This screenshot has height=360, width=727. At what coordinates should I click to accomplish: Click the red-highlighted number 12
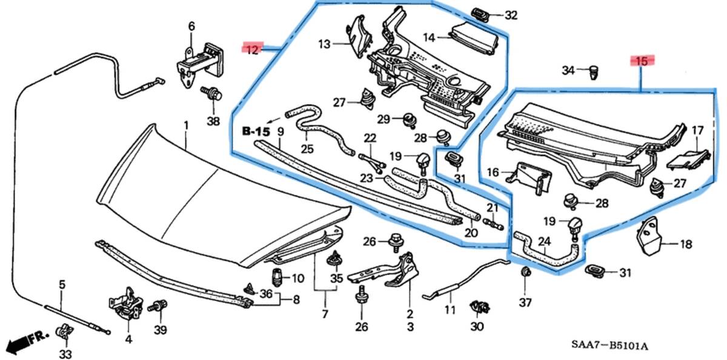pyautogui.click(x=251, y=49)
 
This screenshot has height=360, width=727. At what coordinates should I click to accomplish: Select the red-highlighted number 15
pyautogui.click(x=642, y=61)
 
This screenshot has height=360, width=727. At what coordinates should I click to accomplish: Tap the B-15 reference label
pyautogui.click(x=255, y=131)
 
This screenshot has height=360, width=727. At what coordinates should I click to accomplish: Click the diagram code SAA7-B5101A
pyautogui.click(x=609, y=345)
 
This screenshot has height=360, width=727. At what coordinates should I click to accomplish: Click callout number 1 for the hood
pyautogui.click(x=186, y=125)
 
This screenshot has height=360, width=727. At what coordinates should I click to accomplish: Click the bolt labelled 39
pyautogui.click(x=159, y=307)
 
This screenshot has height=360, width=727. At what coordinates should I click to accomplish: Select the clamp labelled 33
pyautogui.click(x=63, y=333)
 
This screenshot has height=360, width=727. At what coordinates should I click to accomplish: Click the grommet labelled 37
pyautogui.click(x=525, y=272)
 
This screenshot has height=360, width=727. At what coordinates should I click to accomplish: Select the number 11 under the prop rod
pyautogui.click(x=450, y=311)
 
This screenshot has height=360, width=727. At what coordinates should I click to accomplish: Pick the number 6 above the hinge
pyautogui.click(x=192, y=26)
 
